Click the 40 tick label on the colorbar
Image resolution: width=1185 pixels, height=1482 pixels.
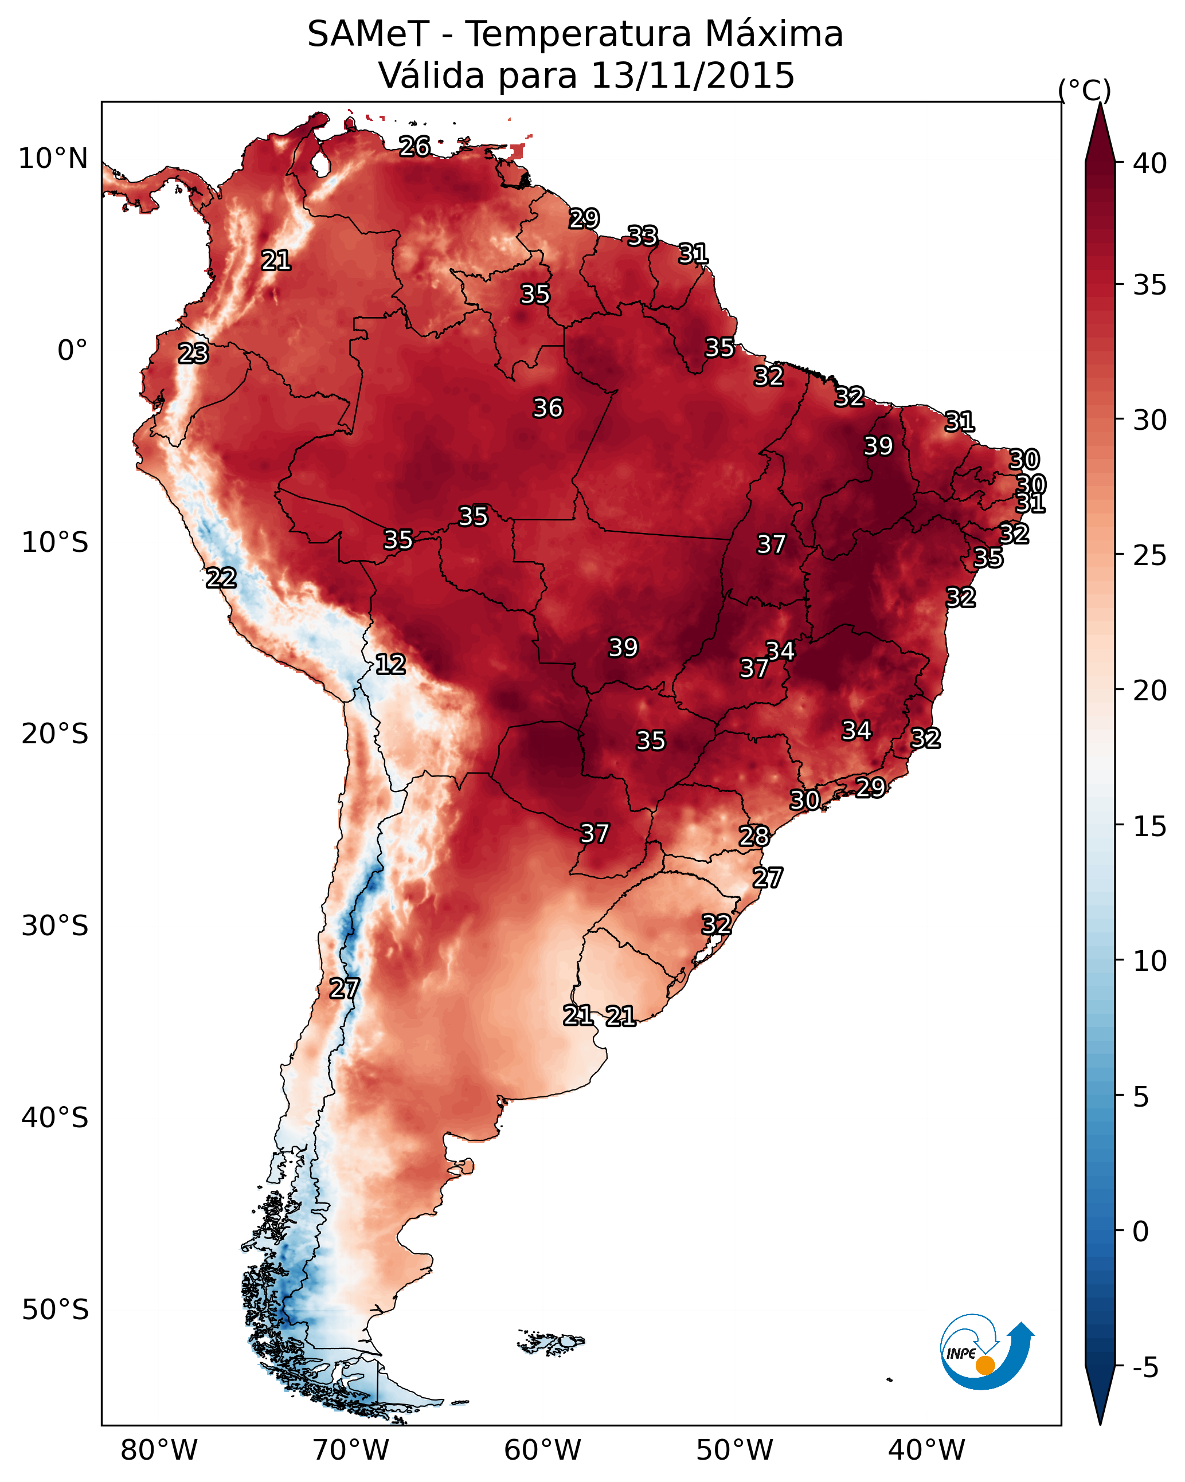click(x=1149, y=163)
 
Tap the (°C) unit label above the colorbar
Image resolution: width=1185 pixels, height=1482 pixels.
click(x=1084, y=90)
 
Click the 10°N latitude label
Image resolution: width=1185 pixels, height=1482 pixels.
click(x=53, y=159)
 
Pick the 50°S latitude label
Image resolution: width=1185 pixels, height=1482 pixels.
click(x=55, y=1310)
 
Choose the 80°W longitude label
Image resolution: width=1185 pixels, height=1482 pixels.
click(x=159, y=1450)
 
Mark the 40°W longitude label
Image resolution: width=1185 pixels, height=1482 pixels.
click(x=926, y=1450)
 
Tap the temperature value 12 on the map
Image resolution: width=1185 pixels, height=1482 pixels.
click(x=390, y=664)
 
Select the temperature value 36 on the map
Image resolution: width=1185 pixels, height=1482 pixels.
click(x=548, y=408)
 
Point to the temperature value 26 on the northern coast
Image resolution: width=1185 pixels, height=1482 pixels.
click(x=414, y=146)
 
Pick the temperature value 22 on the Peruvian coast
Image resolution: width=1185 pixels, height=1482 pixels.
click(x=221, y=578)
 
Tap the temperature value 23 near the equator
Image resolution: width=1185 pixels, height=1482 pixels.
click(x=193, y=354)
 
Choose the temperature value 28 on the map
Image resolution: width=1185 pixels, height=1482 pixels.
click(x=754, y=837)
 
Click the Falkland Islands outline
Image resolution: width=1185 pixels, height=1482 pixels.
click(x=551, y=1342)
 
